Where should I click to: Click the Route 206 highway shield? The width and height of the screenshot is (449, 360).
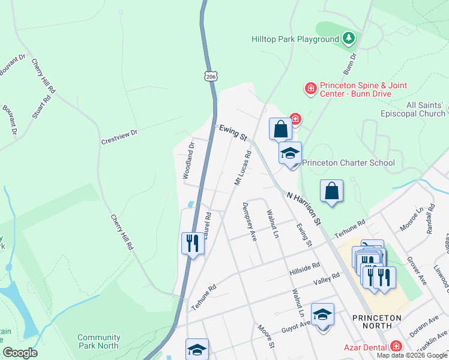(210, 76)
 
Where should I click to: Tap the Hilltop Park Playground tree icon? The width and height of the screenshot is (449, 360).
(348, 39)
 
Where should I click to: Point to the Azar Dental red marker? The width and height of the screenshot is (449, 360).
(396, 346)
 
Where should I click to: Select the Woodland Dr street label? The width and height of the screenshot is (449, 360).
(188, 160)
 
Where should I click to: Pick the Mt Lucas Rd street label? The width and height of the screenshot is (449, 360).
(243, 166)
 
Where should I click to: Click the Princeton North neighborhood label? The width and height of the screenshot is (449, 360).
(381, 321)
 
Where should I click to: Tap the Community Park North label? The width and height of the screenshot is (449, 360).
(98, 341)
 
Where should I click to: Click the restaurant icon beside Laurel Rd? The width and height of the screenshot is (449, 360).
(192, 242)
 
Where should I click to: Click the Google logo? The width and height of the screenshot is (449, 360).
(20, 353)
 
